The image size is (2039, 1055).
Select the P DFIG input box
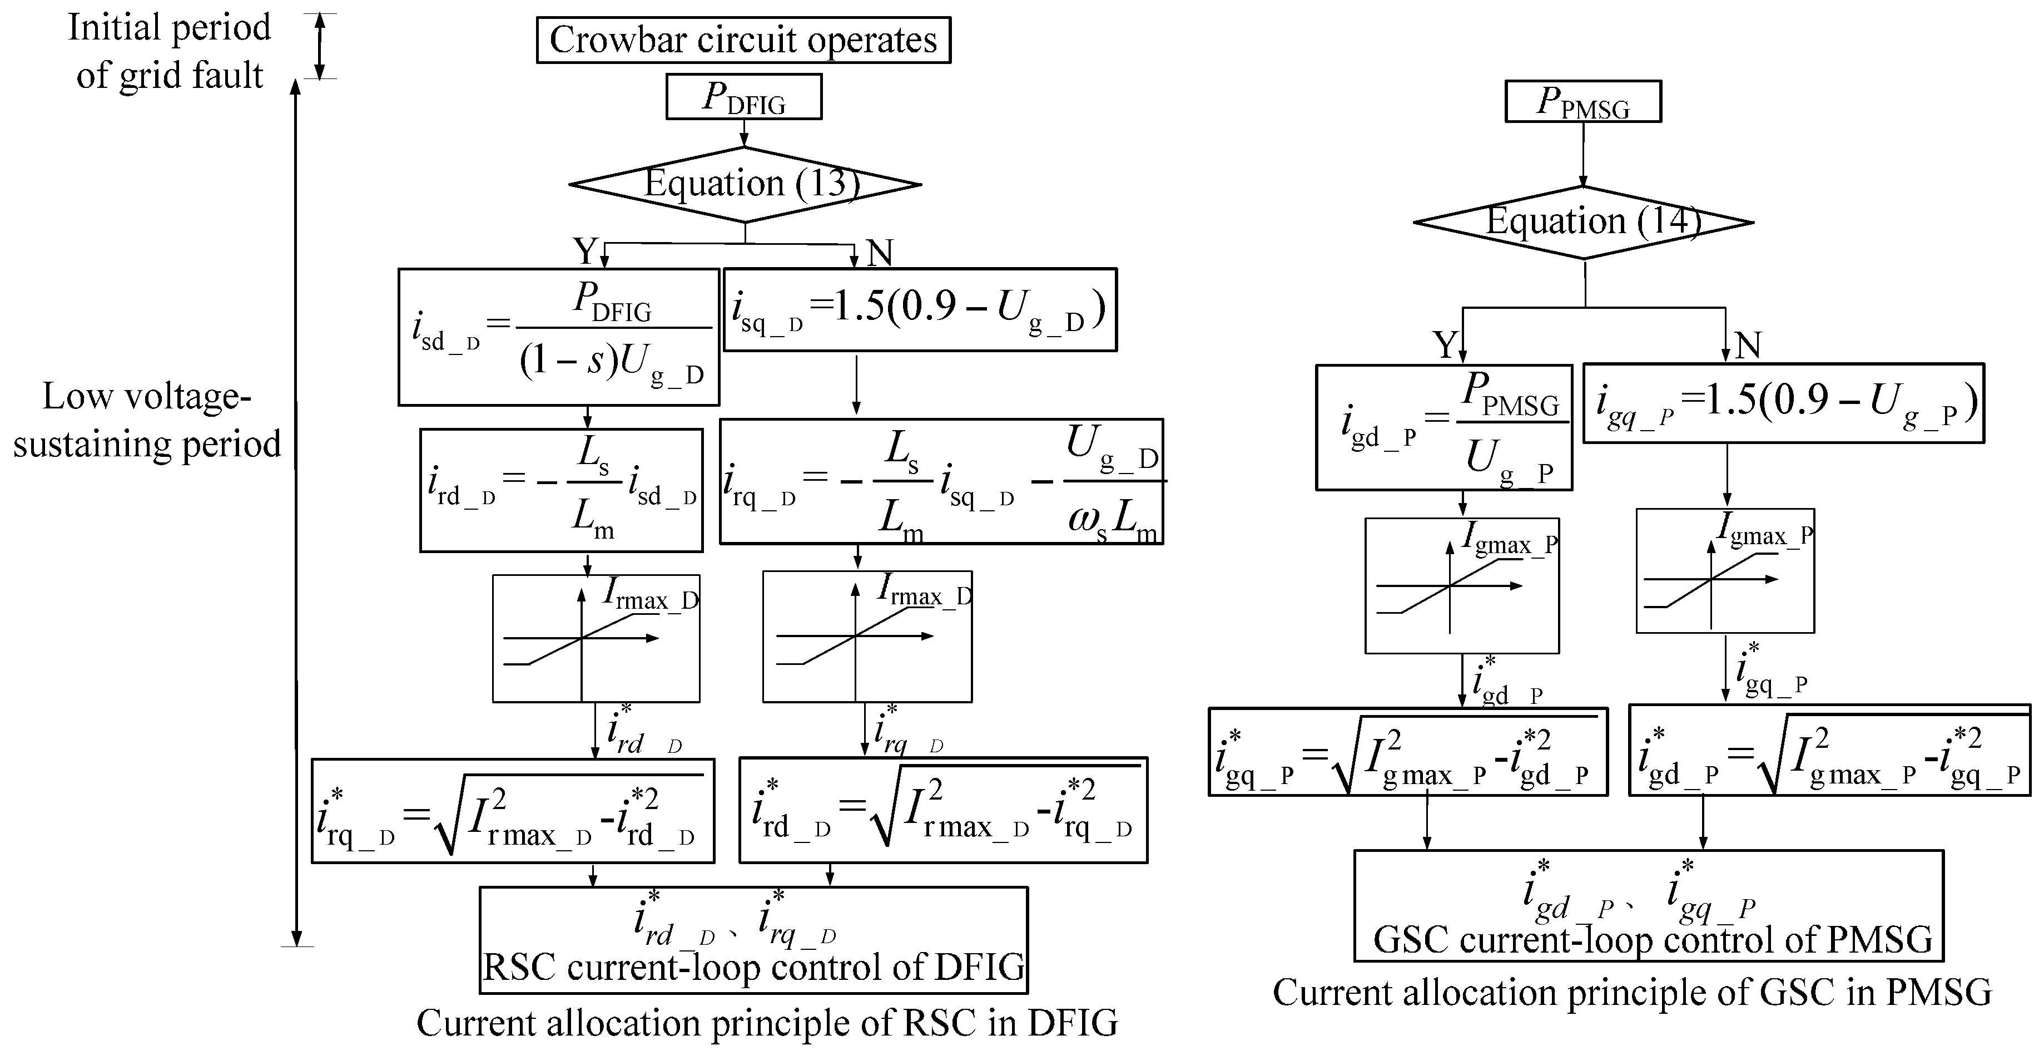pyautogui.click(x=743, y=97)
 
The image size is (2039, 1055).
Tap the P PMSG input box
pyautogui.click(x=1582, y=101)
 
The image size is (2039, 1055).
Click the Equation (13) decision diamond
pyautogui.click(x=745, y=185)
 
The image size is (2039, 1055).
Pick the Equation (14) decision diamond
pyautogui.click(x=1584, y=222)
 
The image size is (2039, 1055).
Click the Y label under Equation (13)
pyautogui.click(x=584, y=252)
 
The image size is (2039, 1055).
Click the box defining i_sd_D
pyautogui.click(x=558, y=337)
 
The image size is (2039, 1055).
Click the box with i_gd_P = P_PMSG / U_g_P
pyautogui.click(x=1444, y=428)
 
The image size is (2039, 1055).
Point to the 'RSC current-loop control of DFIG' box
pyautogui.click(x=753, y=940)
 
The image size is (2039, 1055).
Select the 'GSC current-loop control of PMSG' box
pyautogui.click(x=1648, y=906)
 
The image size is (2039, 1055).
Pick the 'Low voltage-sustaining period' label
pyautogui.click(x=147, y=420)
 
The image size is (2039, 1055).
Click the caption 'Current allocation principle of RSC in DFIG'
pyautogui.click(x=767, y=1023)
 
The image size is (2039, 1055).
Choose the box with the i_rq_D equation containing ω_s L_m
pyautogui.click(x=941, y=481)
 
